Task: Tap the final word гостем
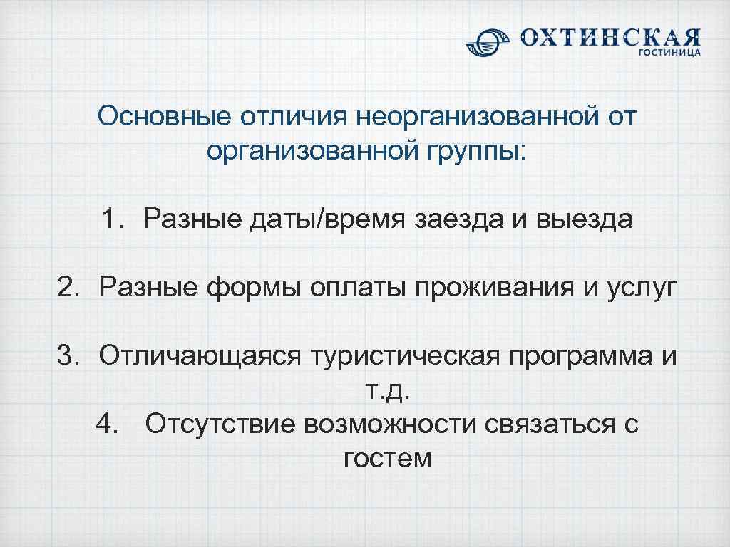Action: [387, 458]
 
